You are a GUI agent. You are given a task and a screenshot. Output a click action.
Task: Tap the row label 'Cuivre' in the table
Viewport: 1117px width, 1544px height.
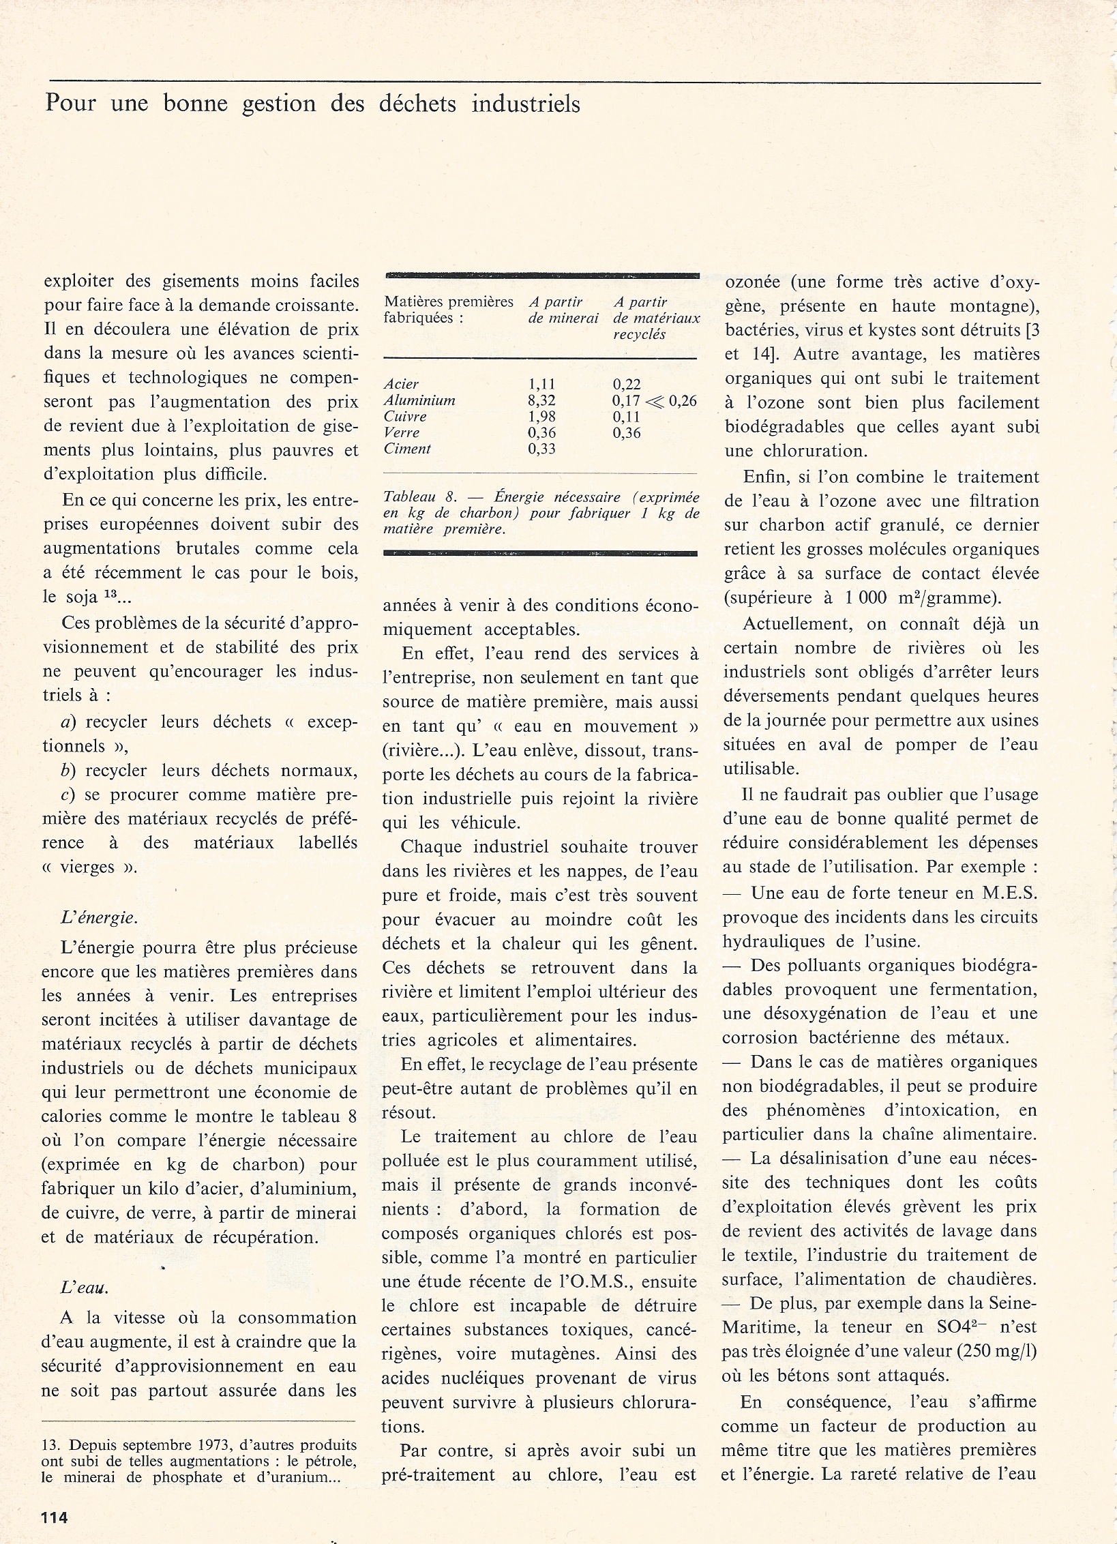[x=405, y=417]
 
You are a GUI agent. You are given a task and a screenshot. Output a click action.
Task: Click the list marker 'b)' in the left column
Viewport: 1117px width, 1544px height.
[x=68, y=771]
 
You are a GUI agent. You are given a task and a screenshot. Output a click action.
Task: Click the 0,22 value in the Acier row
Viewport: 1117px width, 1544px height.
[x=626, y=385]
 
